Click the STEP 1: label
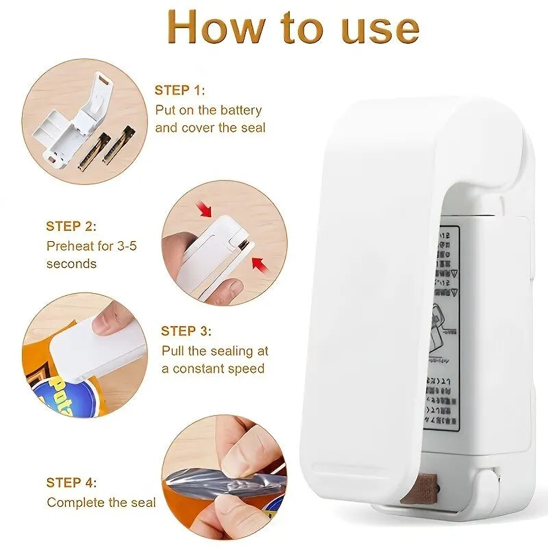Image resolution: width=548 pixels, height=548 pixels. (x=179, y=90)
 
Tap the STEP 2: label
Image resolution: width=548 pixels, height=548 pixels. (x=71, y=226)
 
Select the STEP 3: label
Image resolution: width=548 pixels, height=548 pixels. (x=186, y=331)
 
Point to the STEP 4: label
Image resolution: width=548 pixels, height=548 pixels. (x=71, y=483)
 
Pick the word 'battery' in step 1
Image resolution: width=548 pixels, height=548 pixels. (x=239, y=110)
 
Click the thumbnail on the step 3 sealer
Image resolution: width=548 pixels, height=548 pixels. (x=105, y=321)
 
